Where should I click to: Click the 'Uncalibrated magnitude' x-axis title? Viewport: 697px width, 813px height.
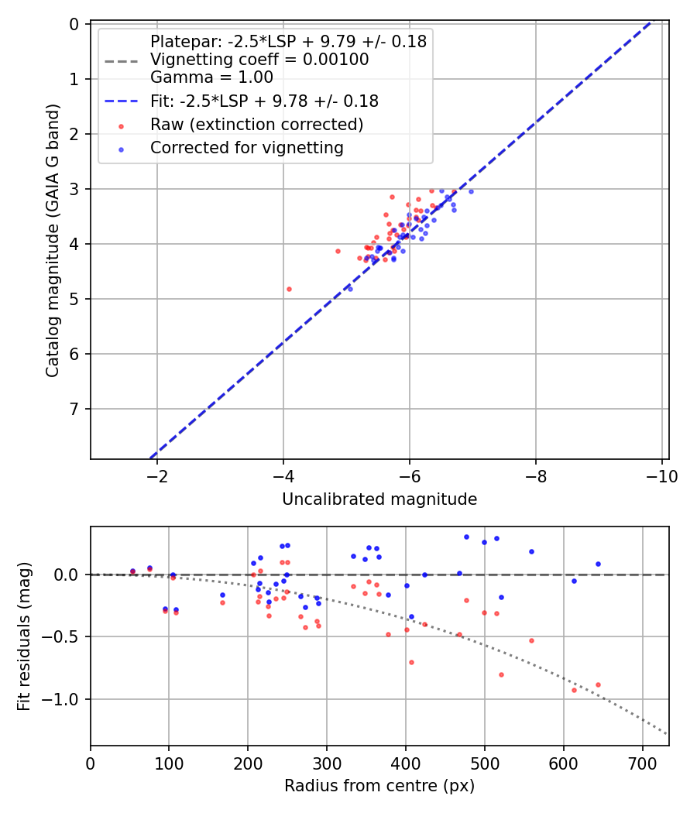pos(379,499)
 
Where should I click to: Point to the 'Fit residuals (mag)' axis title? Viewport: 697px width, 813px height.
pos(24,636)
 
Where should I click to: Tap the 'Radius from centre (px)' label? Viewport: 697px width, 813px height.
pos(379,786)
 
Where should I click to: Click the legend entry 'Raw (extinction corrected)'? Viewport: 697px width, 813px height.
pos(256,125)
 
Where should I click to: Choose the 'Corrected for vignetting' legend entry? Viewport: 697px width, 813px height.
pos(247,147)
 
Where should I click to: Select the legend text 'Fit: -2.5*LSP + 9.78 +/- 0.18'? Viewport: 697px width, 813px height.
pos(264,101)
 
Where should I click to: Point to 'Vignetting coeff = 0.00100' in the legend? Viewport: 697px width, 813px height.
pos(259,60)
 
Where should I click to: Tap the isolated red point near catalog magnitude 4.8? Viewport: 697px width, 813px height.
pos(289,289)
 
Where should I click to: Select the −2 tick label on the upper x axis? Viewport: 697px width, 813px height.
pos(157,476)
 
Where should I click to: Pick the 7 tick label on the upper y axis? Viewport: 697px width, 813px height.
pos(75,409)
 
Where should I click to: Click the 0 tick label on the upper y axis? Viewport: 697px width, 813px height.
pos(75,24)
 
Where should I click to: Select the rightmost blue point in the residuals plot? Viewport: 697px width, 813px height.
pos(598,564)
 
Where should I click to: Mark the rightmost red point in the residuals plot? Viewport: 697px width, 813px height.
pos(598,684)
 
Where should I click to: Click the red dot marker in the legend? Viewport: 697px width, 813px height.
pos(121,125)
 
